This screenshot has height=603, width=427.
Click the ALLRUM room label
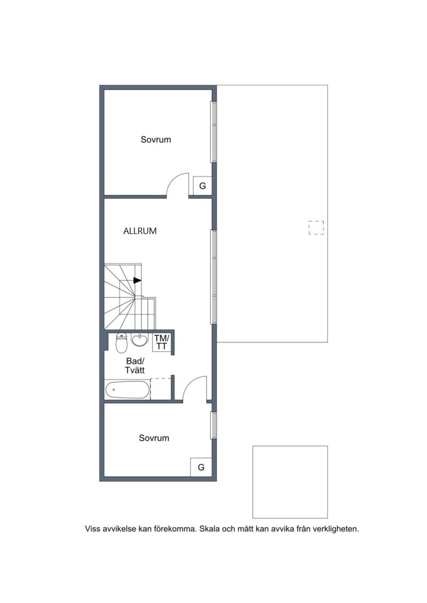coord(140,231)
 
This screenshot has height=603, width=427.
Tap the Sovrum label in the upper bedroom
coord(156,139)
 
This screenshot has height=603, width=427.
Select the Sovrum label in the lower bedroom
coord(154,438)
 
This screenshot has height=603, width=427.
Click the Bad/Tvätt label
coord(135,365)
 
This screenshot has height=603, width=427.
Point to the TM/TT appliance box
coord(161,343)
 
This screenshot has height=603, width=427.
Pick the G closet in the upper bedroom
coord(202,186)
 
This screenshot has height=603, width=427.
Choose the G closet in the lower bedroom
coord(201,467)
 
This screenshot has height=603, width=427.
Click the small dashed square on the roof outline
coord(316,228)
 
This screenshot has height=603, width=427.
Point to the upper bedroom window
coord(213,132)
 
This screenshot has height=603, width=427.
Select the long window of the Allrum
coord(213,277)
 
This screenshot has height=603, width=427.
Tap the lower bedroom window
coord(213,425)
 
